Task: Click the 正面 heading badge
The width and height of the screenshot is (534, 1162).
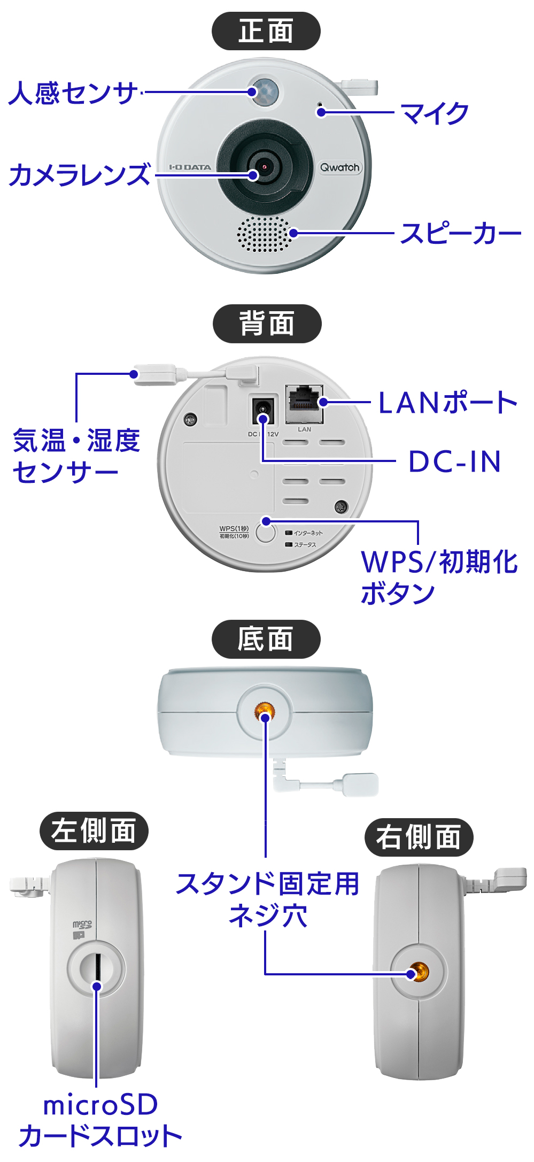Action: coord(266,31)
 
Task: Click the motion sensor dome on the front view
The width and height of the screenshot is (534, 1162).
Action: coord(265,91)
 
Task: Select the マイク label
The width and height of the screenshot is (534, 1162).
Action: coord(434,113)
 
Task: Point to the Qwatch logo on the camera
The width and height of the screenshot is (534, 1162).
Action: coord(340,167)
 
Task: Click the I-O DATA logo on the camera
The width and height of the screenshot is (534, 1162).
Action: coord(190,167)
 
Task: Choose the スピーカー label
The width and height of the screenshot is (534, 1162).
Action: coord(460,234)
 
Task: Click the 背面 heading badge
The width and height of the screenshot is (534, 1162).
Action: coord(267,324)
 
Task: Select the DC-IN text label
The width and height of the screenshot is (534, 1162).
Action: coord(455,461)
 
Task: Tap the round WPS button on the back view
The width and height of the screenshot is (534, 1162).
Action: coord(265,533)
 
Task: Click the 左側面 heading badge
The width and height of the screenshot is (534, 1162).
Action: coord(94,831)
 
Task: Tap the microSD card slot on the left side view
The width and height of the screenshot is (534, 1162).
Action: coord(97,966)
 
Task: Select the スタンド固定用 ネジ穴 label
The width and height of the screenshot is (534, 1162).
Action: coord(267,899)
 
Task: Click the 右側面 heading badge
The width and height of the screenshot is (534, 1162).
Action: coord(419,837)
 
